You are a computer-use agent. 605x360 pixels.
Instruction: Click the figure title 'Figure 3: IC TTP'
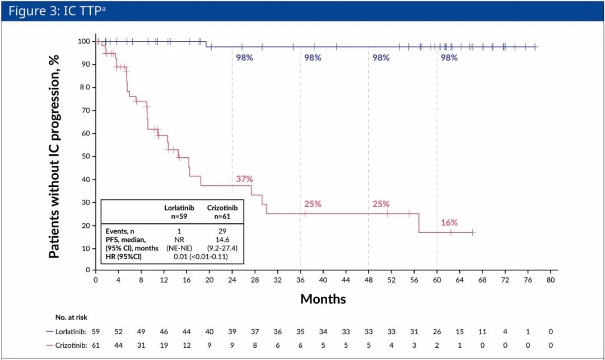(55, 11)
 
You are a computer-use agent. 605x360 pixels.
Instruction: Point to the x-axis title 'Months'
(323, 298)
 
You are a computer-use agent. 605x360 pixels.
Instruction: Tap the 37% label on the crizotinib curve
(244, 179)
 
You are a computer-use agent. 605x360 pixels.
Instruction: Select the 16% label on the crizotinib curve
(449, 223)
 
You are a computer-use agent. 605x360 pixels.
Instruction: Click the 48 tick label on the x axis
(369, 280)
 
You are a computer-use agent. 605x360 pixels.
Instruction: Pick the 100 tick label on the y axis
(83, 41)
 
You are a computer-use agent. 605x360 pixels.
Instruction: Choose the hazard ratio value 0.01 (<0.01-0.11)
(200, 256)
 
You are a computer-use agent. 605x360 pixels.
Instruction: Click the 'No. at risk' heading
(71, 317)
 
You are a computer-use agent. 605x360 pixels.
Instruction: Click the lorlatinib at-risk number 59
(96, 332)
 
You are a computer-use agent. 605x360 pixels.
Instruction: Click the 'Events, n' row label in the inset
(121, 231)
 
